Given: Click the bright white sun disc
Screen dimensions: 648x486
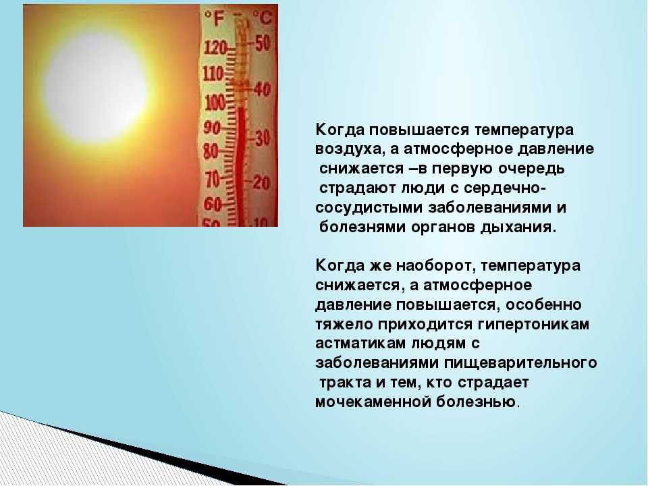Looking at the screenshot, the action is point(96,88).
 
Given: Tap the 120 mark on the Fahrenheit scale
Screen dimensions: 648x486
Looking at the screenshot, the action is point(215,49).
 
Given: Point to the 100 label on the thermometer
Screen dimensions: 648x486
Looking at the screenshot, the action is point(215,102).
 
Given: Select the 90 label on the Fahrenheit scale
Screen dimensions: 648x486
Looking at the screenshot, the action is point(212,128).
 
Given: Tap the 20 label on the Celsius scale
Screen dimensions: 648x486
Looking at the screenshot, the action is point(261,182).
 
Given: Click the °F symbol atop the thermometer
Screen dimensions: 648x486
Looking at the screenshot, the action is point(215,19).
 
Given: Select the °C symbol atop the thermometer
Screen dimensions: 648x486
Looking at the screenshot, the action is point(263,18).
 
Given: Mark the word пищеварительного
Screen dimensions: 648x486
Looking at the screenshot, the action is point(520,363).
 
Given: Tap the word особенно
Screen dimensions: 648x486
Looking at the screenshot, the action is point(543,305).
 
